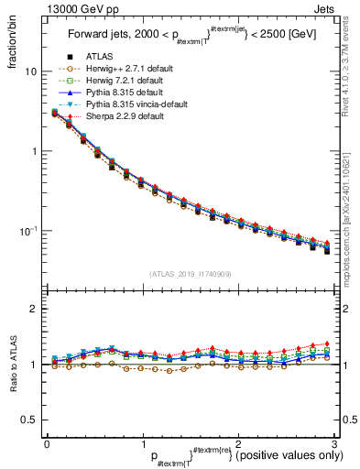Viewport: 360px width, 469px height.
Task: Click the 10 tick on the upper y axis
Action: pos(31,71)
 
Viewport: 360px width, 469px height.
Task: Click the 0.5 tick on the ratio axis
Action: pos(28,420)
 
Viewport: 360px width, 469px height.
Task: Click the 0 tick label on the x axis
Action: pos(47,443)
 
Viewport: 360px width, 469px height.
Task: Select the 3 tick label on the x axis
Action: pos(334,443)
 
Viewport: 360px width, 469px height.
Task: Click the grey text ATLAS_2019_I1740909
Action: pos(191,274)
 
